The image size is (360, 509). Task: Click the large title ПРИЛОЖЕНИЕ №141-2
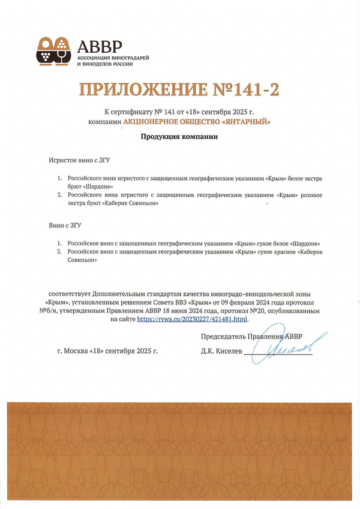179,90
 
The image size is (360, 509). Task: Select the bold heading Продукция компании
179,137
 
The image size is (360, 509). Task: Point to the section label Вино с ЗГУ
65,226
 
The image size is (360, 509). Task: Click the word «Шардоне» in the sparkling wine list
85,187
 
